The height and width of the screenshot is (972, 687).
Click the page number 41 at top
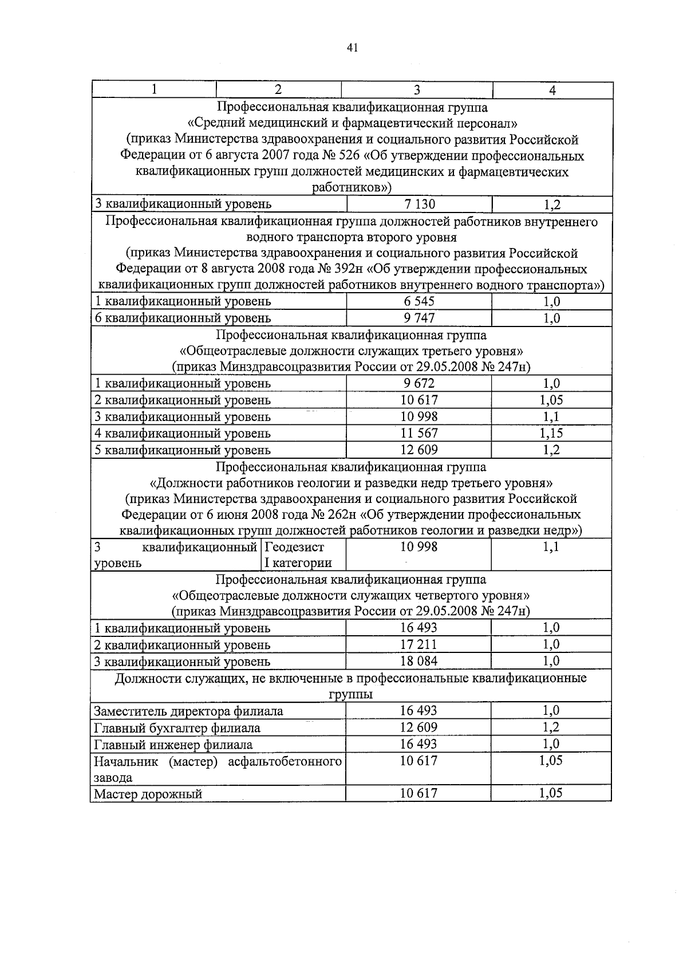click(x=352, y=48)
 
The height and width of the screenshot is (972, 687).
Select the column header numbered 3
click(x=417, y=90)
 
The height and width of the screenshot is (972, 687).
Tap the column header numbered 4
click(x=552, y=90)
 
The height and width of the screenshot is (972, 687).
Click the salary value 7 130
click(x=419, y=204)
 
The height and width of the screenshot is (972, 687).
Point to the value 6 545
click(x=419, y=301)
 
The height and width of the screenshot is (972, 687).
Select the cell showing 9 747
click(x=419, y=318)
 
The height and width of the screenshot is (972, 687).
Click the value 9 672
click(x=419, y=383)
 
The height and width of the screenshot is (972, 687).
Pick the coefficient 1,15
click(x=551, y=433)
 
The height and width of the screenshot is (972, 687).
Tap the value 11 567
click(x=419, y=433)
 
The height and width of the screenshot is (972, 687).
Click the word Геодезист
click(x=295, y=547)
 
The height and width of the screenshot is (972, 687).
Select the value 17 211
click(x=418, y=644)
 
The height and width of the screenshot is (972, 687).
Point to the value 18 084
click(x=418, y=661)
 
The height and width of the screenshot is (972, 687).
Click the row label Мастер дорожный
click(x=148, y=794)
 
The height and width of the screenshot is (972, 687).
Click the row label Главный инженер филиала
click(x=173, y=745)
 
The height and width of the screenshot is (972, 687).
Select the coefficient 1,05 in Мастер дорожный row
click(x=551, y=793)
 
